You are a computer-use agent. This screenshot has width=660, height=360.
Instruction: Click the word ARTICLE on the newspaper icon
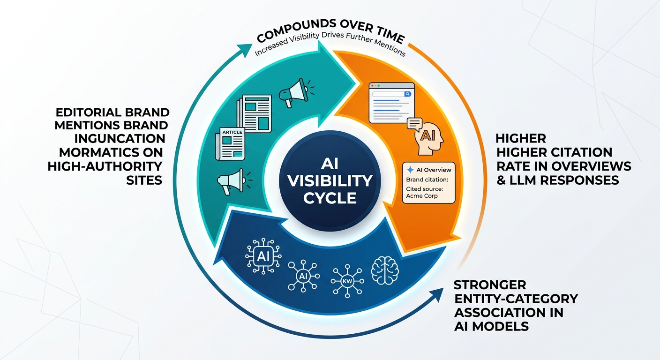point(232,133)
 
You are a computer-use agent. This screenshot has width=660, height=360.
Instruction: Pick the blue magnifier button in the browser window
point(407,94)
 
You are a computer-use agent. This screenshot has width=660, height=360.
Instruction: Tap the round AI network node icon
point(302,276)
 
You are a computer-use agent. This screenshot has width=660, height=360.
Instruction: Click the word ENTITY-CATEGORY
point(516,299)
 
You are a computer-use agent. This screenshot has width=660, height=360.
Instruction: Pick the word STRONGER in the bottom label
point(490,285)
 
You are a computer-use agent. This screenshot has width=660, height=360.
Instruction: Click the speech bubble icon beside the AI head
point(414,123)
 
